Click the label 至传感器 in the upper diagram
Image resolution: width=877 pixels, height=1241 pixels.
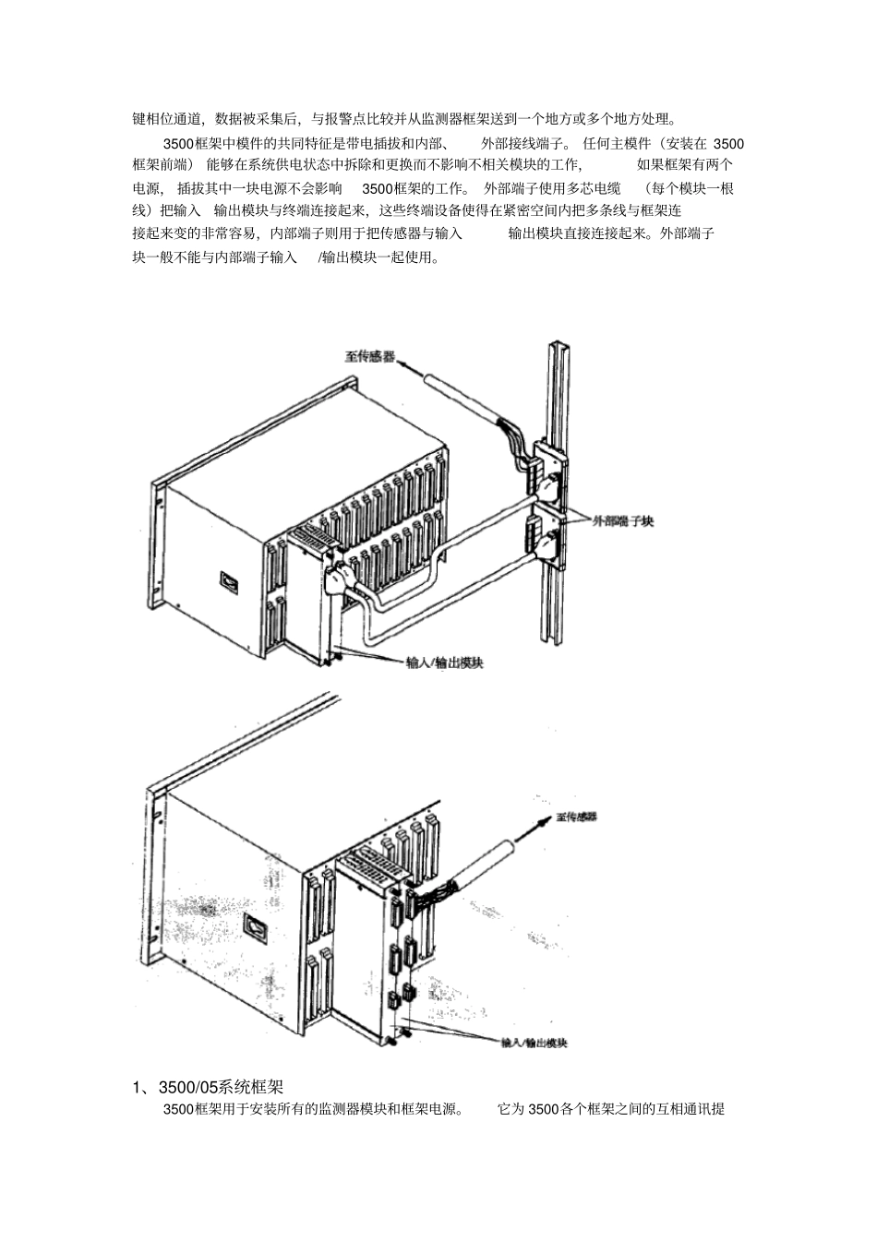point(370,355)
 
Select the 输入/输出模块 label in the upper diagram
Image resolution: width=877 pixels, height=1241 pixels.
point(445,662)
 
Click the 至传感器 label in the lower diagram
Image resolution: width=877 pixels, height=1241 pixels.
point(577,817)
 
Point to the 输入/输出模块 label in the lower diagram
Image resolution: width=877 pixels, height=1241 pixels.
point(534,1043)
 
